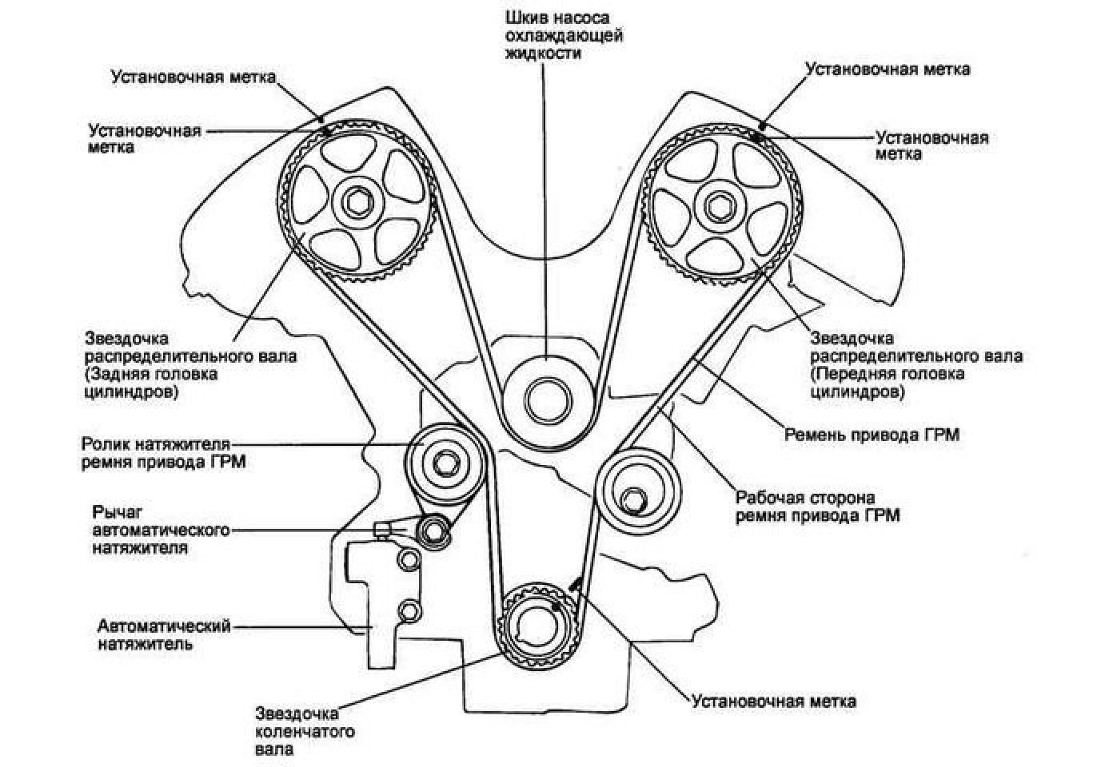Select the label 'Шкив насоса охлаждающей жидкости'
(x=564, y=35)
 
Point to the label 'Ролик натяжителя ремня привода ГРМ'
(x=163, y=452)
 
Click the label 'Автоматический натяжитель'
(x=164, y=634)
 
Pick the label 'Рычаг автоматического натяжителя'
(x=161, y=529)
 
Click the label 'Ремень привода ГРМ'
(x=871, y=435)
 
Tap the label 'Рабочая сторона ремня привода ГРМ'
(x=817, y=507)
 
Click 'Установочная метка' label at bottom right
(x=773, y=701)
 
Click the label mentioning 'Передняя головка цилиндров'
(x=915, y=365)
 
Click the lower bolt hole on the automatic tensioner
(x=410, y=611)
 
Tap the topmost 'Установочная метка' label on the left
(x=193, y=77)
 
